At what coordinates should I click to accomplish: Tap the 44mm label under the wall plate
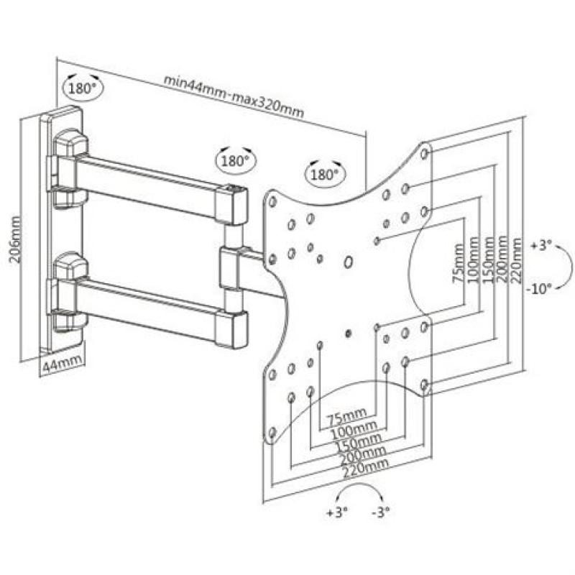pyautogui.click(x=60, y=365)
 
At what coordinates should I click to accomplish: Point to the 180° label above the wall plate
pyautogui.click(x=82, y=88)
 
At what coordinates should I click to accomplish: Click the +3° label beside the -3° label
pyautogui.click(x=336, y=512)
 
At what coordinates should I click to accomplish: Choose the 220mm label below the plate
pyautogui.click(x=367, y=464)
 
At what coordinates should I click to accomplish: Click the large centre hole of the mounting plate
pyautogui.click(x=348, y=262)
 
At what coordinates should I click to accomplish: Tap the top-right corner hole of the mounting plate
pyautogui.click(x=424, y=153)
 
